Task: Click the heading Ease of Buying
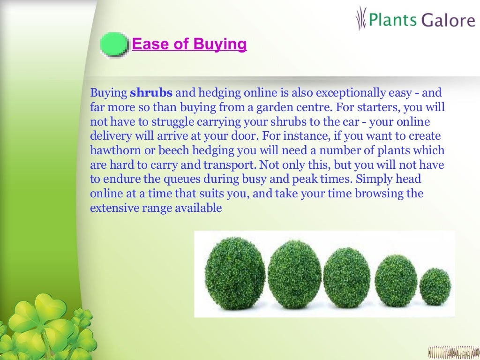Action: pyautogui.click(x=189, y=45)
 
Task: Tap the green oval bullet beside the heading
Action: pyautogui.click(x=114, y=45)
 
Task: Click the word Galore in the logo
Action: pyautogui.click(x=447, y=21)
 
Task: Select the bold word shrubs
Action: pyautogui.click(x=151, y=93)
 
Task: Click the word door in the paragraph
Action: pyautogui.click(x=244, y=136)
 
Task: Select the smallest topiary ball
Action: pyautogui.click(x=435, y=286)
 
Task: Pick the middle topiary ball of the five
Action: pyautogui.click(x=346, y=277)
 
